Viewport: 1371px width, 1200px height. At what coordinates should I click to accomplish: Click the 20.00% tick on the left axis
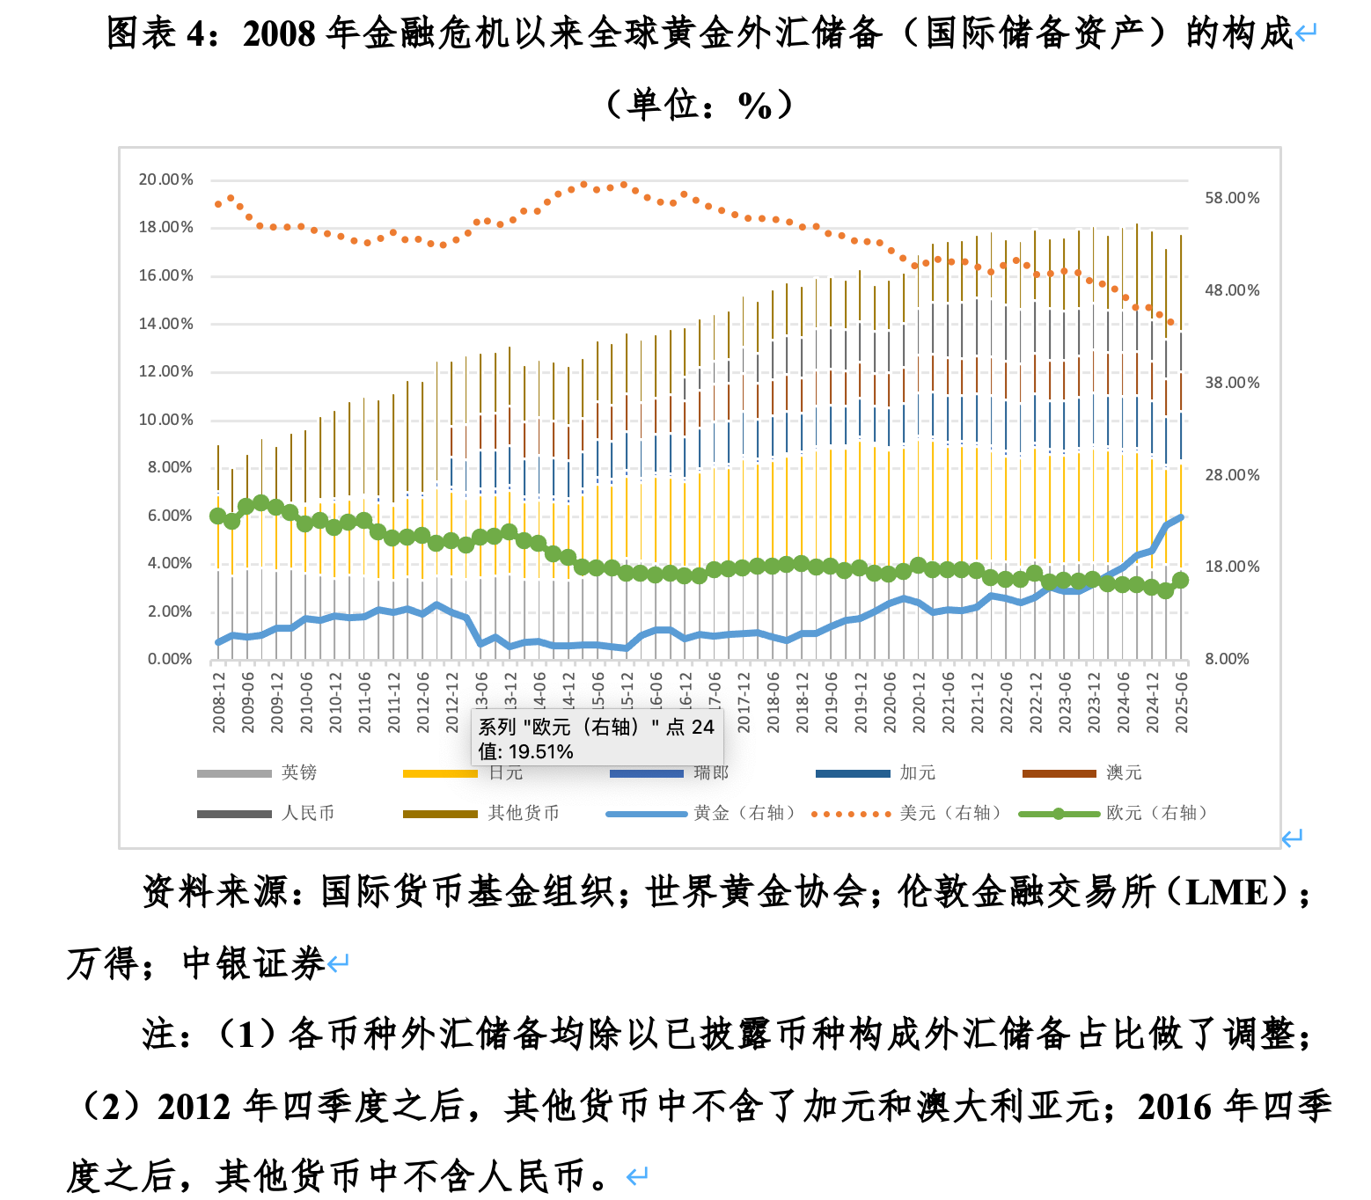[165, 179]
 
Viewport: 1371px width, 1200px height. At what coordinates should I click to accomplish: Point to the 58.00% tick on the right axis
[1232, 198]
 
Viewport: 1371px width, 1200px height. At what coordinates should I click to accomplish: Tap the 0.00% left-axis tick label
[170, 659]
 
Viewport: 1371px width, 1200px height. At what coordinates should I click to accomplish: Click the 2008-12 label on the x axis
[219, 701]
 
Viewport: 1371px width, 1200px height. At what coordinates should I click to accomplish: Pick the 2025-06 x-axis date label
[1182, 701]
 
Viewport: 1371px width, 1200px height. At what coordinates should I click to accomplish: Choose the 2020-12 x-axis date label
[920, 701]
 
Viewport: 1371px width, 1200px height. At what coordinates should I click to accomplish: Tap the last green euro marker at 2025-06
[1181, 580]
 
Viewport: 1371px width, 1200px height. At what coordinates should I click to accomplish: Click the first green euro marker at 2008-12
[218, 516]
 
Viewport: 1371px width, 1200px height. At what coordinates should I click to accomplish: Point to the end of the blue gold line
[1181, 517]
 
